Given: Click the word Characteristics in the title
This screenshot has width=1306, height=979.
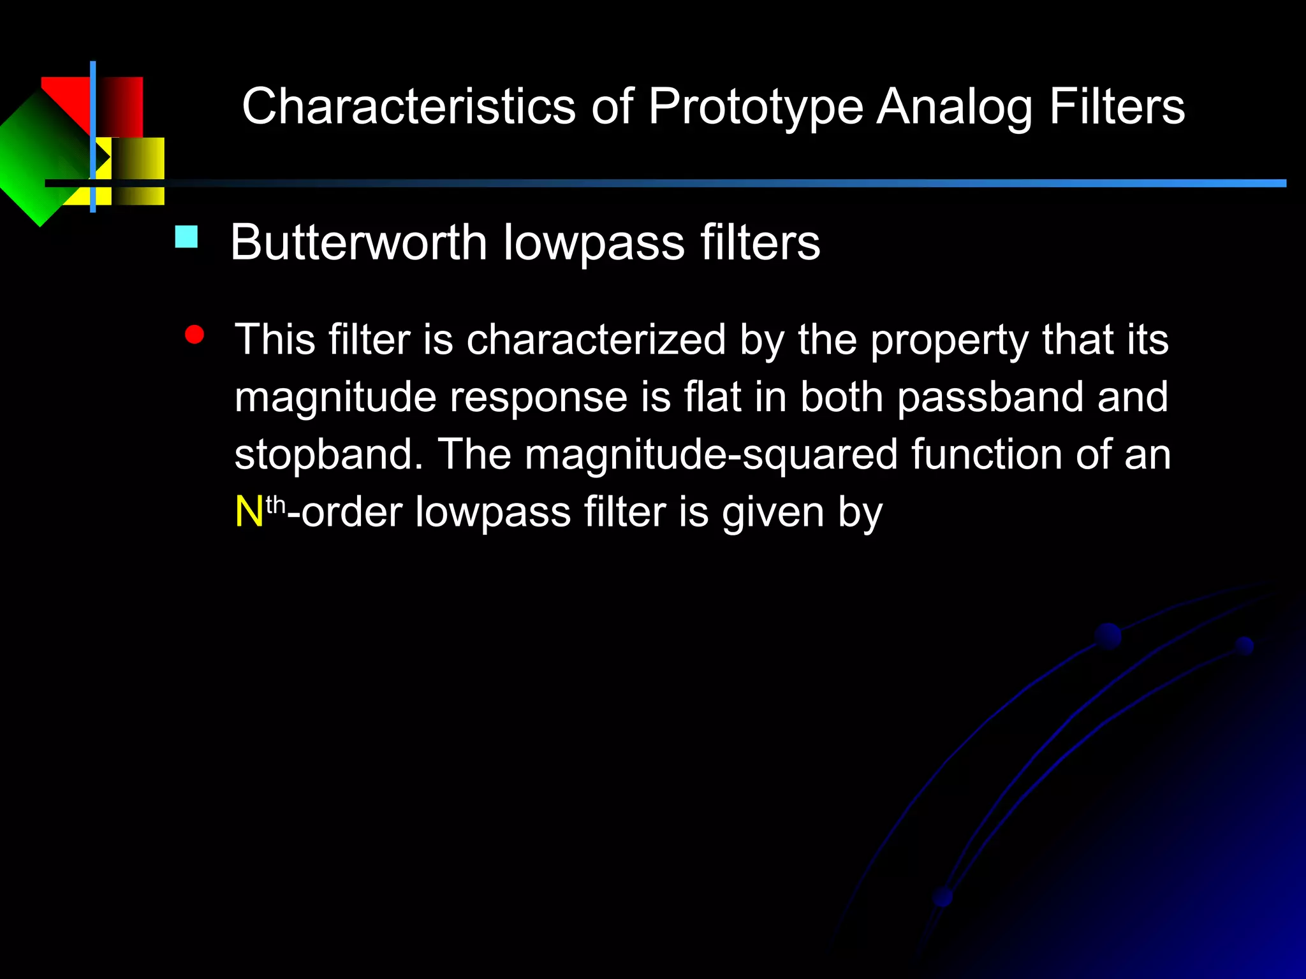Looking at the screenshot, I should click(408, 107).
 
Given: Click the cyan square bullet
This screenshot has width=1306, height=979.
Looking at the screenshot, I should click(186, 237).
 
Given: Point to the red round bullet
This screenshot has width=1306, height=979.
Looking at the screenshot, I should click(194, 335).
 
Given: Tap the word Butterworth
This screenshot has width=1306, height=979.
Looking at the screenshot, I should click(358, 243).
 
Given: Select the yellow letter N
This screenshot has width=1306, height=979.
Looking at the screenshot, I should click(249, 512).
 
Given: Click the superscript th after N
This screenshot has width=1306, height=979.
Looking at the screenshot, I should click(275, 505).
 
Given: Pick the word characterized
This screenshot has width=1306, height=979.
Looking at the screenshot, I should click(596, 340).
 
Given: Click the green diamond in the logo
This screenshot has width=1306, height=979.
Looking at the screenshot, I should click(38, 159).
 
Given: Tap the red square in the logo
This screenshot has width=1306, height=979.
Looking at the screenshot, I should click(118, 102).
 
